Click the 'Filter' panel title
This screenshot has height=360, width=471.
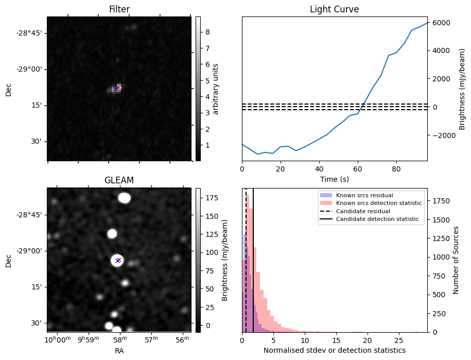119,9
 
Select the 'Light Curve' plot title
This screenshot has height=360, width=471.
334,9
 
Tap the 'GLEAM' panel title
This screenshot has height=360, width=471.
119,180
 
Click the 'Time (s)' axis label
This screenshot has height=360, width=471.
334,178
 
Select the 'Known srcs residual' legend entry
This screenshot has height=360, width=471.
364,195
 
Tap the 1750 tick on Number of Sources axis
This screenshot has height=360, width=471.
438,200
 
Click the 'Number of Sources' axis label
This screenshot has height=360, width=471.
456,260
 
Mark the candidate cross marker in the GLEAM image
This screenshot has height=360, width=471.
118,261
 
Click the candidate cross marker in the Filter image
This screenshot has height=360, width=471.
117,88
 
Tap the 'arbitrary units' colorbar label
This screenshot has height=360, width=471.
216,89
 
